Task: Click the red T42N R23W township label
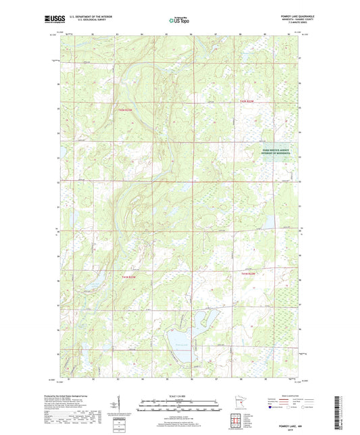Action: click(127, 109)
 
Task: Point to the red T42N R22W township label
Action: click(249, 101)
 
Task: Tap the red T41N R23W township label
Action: click(129, 276)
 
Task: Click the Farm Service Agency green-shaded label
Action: click(276, 152)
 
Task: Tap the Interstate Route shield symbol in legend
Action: click(271, 407)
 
